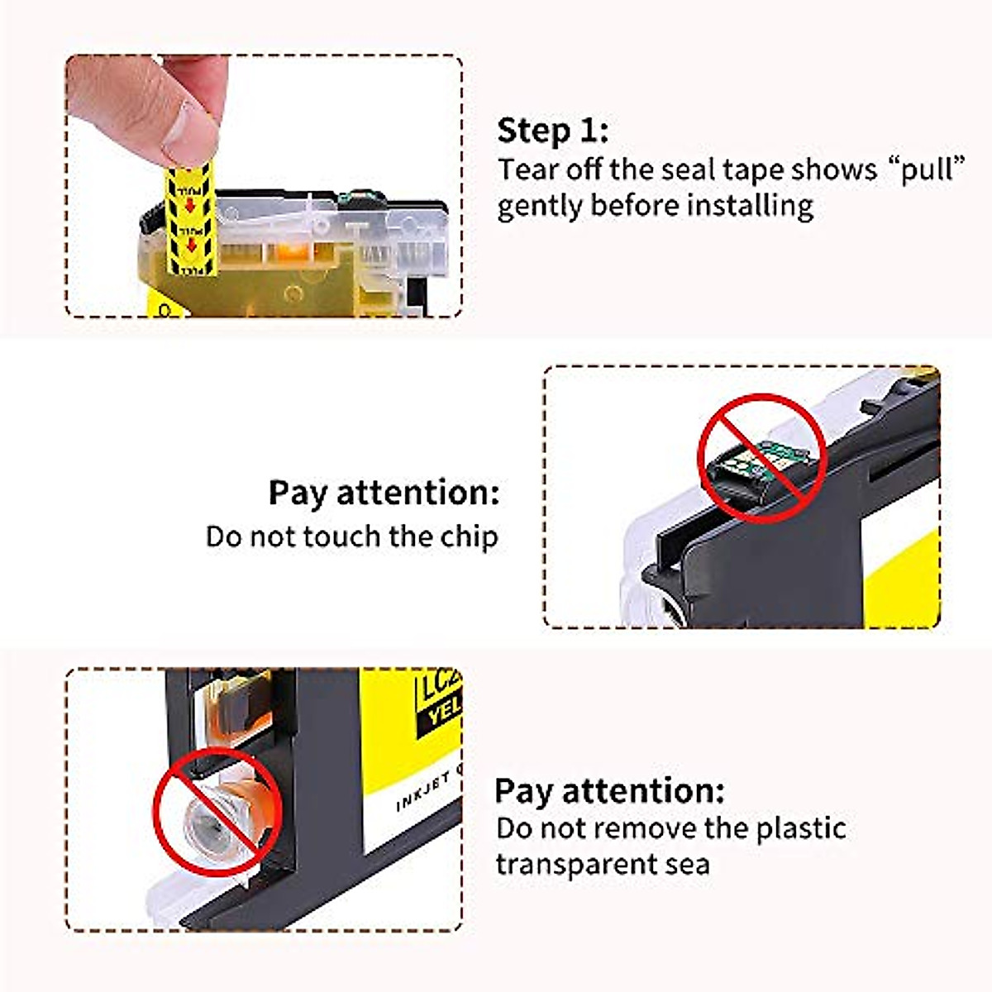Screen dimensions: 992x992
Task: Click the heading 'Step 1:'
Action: pos(552,131)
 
